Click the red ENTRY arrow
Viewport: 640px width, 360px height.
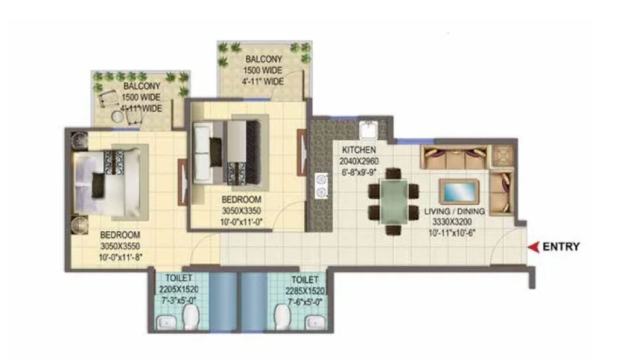534,246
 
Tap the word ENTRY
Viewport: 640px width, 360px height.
561,246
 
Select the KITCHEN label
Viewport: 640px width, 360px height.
359,150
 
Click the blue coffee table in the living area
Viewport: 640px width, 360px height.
458,191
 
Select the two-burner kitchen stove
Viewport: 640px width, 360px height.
321,185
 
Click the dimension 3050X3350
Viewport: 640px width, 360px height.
241,209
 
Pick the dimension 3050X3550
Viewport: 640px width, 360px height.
119,246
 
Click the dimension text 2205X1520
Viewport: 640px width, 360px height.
178,288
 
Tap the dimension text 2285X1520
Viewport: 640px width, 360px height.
306,290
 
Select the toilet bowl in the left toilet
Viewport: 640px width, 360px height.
191,317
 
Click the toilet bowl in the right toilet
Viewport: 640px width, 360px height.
283,316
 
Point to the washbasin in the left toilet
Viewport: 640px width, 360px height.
165,322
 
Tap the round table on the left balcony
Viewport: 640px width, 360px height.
116,116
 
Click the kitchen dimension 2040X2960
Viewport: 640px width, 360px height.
359,161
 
